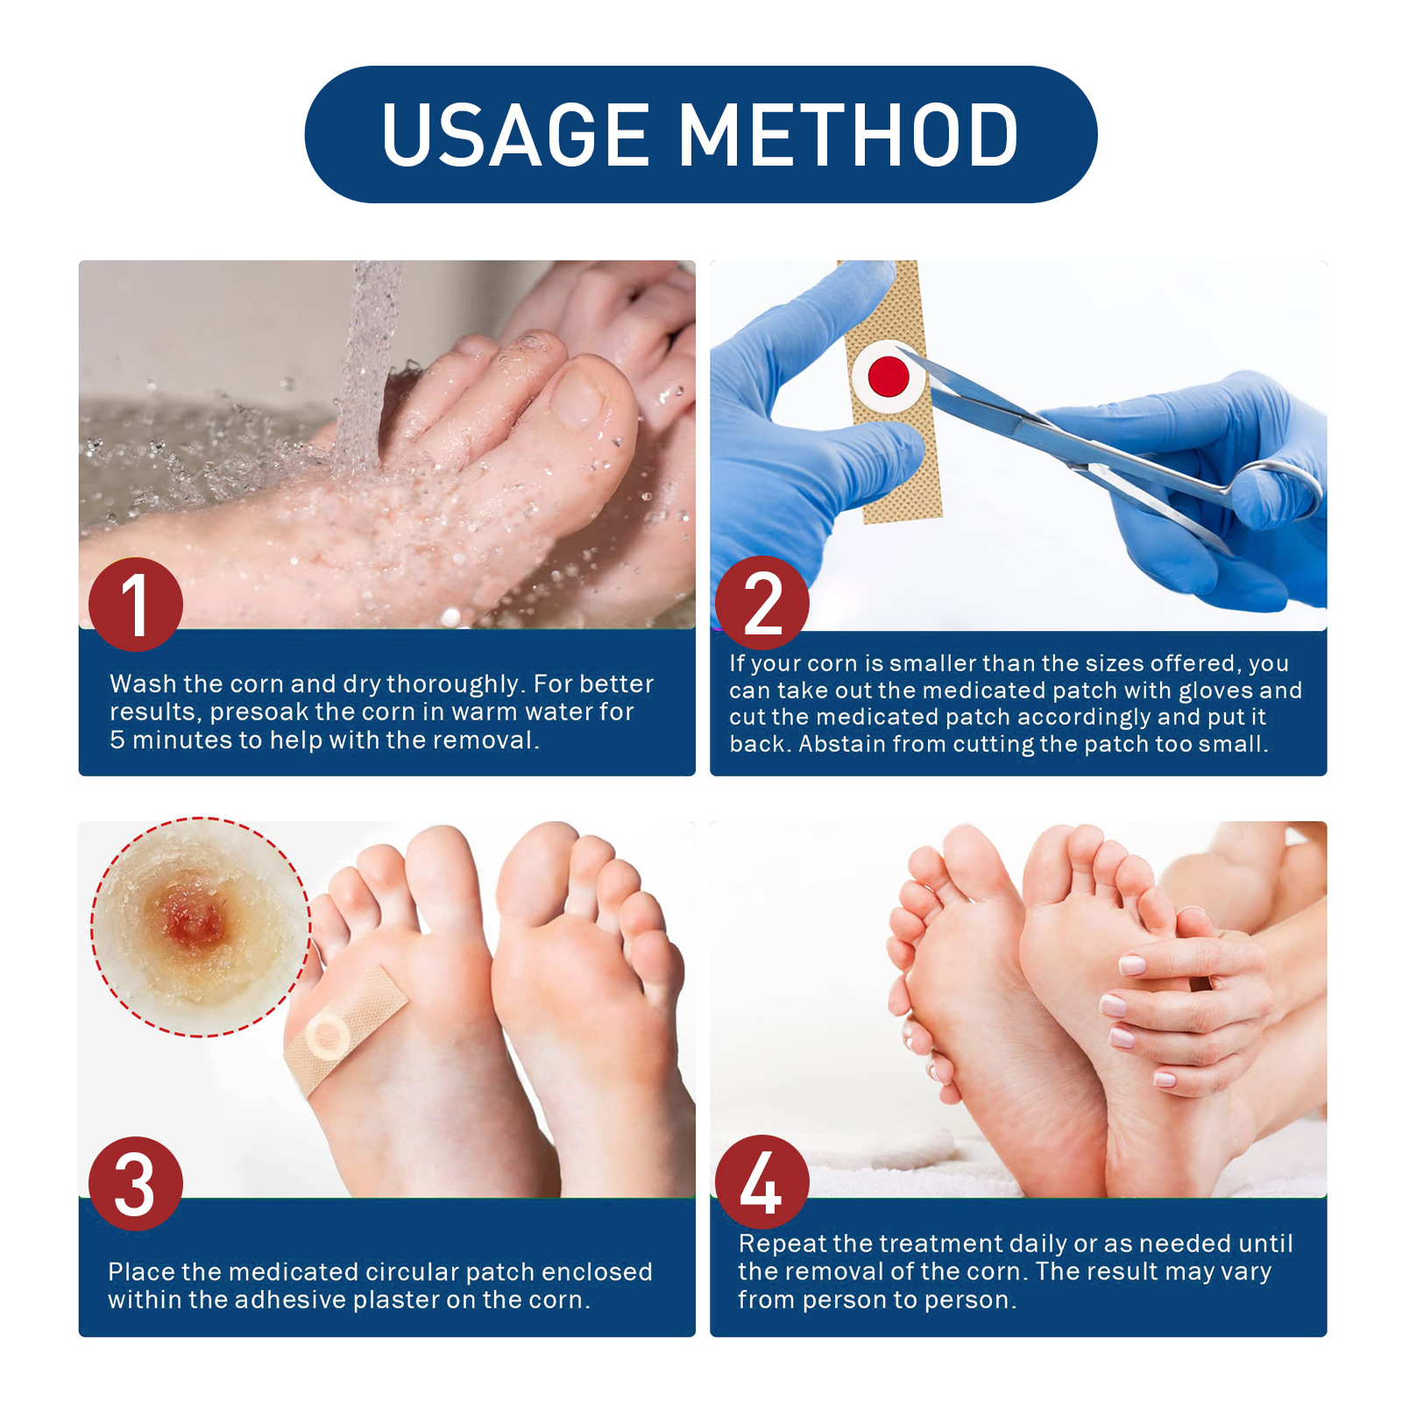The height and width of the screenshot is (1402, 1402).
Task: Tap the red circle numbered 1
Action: tap(136, 604)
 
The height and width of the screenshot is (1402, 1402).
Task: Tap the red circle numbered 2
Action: tap(761, 603)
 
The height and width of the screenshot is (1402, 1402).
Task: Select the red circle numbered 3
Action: tap(136, 1184)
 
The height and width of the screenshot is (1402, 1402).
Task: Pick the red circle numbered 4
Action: tap(761, 1183)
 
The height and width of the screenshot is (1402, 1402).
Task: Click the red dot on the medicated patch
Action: tap(889, 376)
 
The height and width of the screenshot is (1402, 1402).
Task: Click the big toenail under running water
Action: tap(578, 394)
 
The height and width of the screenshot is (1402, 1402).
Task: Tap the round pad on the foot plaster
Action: tap(328, 1037)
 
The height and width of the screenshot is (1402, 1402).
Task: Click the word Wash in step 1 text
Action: tap(143, 684)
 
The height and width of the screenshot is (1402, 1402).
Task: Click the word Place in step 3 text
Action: tap(141, 1272)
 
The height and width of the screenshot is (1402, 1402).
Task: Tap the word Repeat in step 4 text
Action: tap(782, 1244)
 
